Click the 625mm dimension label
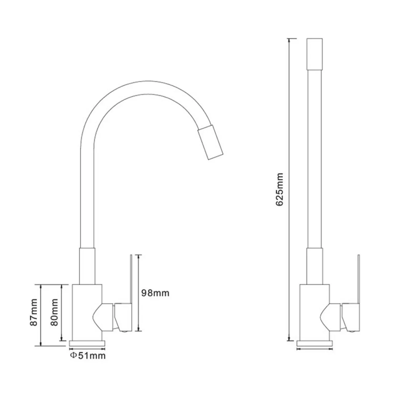pyautogui.click(x=279, y=189)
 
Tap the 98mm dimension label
pyautogui.click(x=155, y=293)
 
